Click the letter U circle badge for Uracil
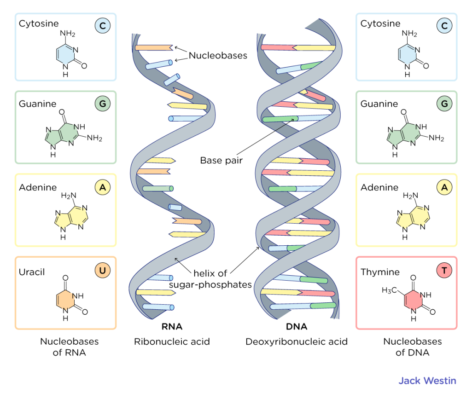[103, 271]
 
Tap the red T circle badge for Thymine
[444, 271]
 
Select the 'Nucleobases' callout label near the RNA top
[218, 56]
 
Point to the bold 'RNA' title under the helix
[172, 327]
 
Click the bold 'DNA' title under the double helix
[297, 327]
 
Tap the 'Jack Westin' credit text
[427, 381]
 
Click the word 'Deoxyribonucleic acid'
[297, 342]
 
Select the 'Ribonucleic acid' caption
[172, 342]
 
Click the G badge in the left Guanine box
[103, 104]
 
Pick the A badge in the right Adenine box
[444, 187]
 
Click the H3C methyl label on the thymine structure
[390, 290]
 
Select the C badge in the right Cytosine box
[444, 26]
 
